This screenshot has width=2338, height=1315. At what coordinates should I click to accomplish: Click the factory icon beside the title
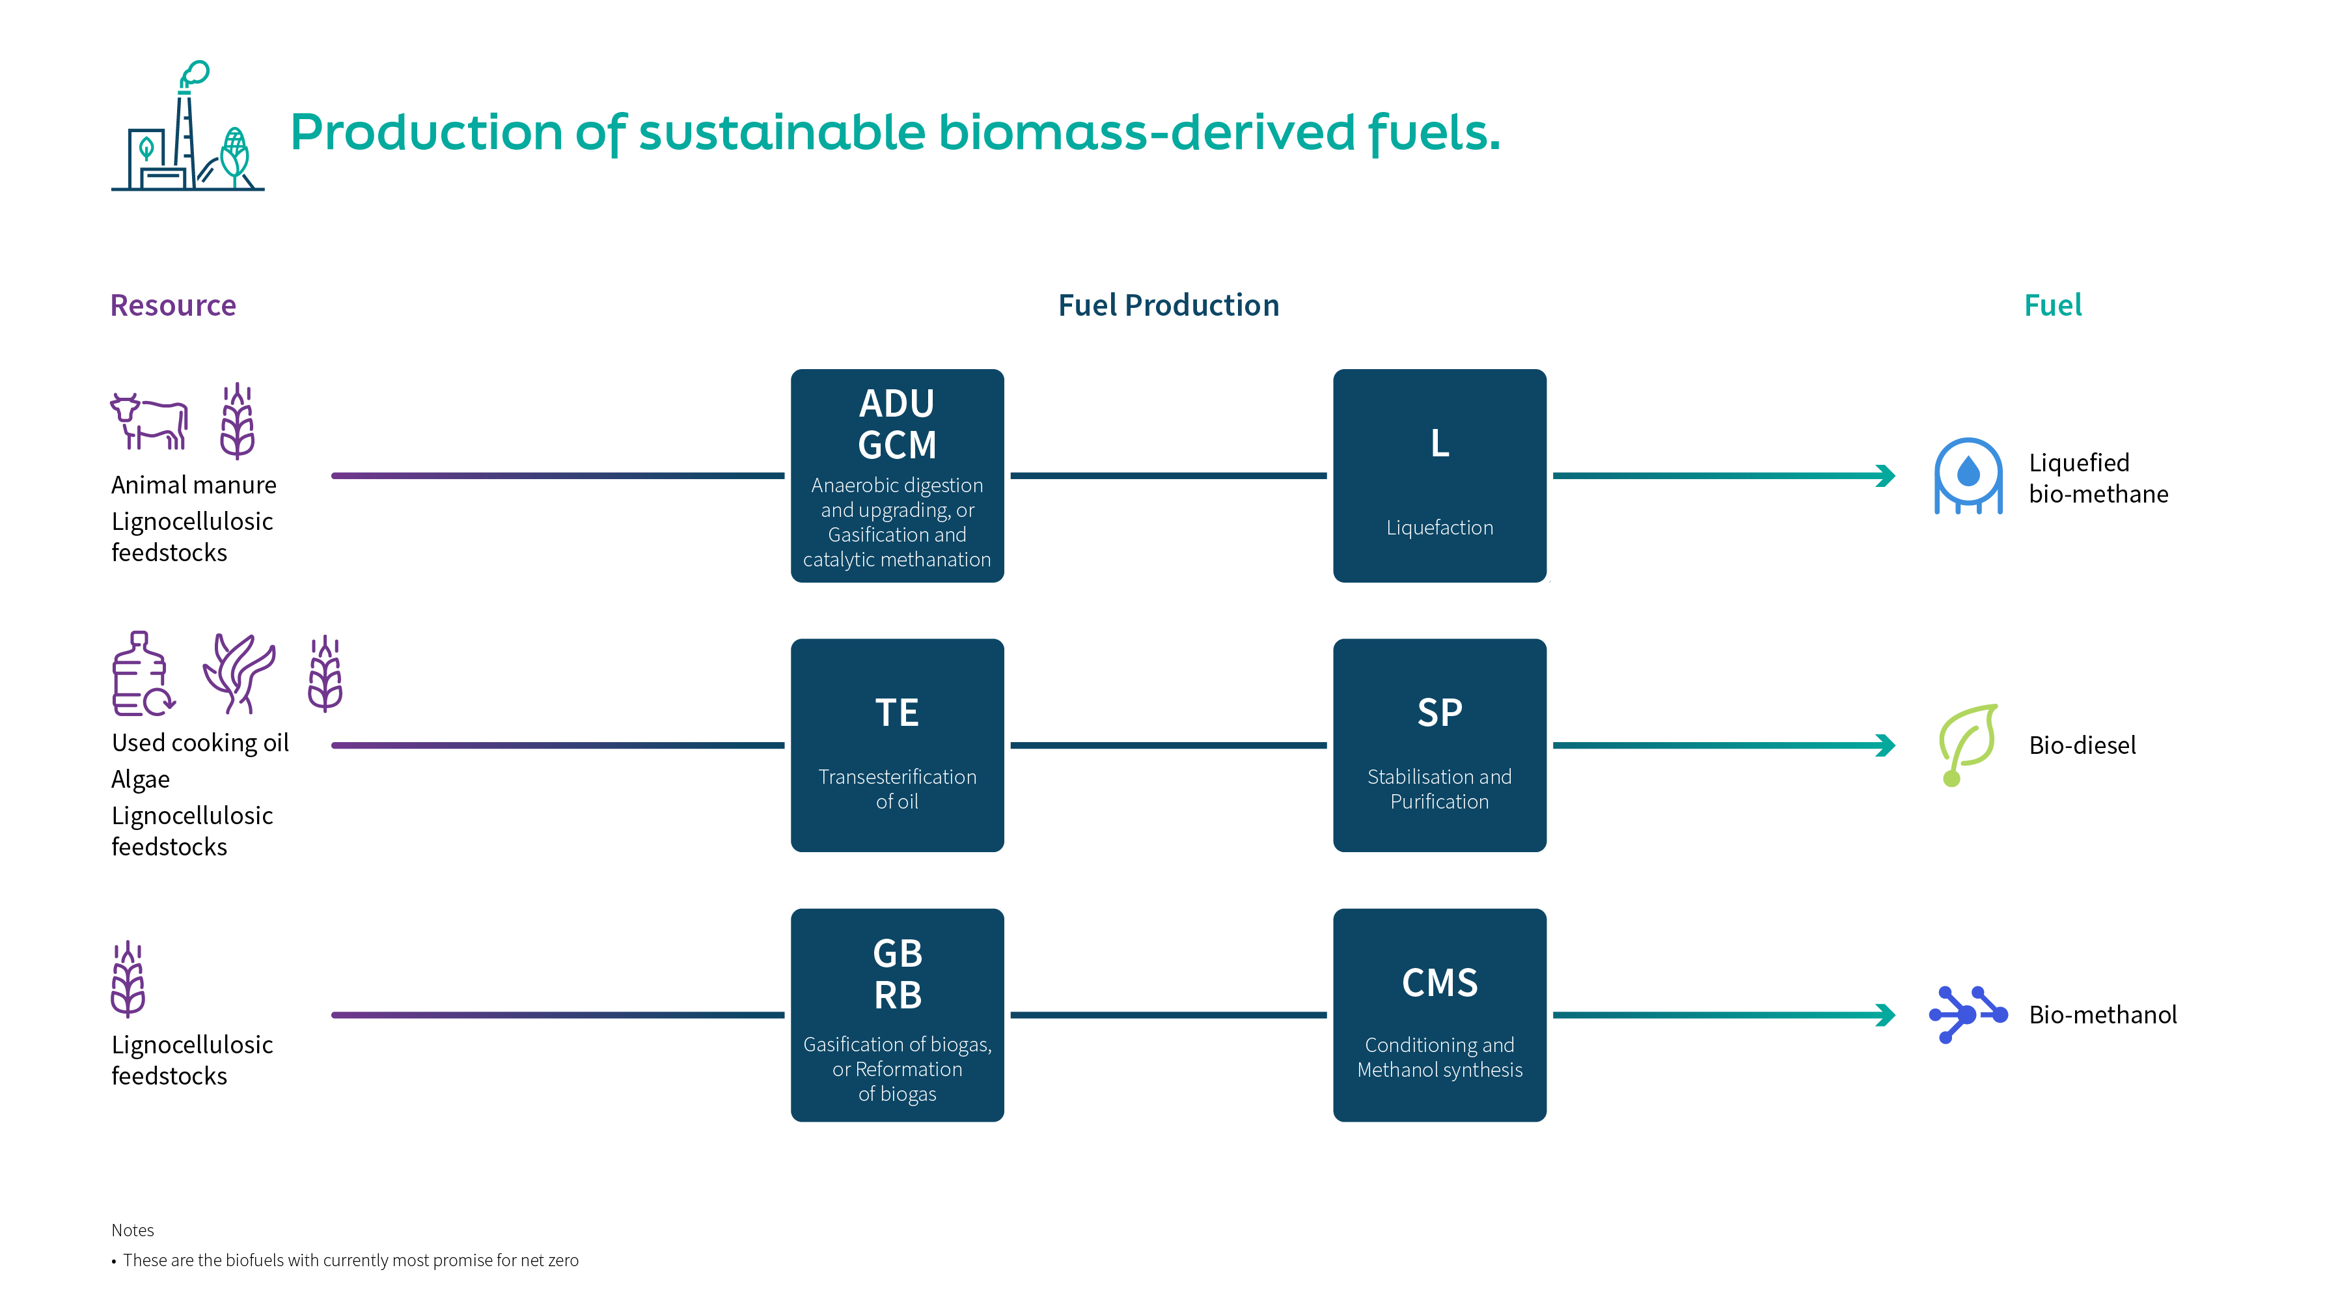(x=188, y=126)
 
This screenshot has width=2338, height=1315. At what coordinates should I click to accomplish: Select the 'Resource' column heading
(x=173, y=305)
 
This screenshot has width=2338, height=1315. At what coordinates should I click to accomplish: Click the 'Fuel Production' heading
(x=1169, y=305)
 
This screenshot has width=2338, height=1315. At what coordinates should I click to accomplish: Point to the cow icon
(x=149, y=421)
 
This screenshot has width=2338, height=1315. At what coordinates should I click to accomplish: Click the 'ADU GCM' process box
(x=897, y=475)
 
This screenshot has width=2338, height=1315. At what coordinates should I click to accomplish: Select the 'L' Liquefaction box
(x=1440, y=475)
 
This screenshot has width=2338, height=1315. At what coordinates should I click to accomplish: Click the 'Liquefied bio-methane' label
(x=2098, y=478)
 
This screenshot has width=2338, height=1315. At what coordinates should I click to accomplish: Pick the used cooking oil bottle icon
(x=143, y=674)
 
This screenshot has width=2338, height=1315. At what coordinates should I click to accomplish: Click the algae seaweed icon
(x=239, y=673)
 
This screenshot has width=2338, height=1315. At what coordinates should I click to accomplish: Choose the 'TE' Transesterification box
(x=897, y=745)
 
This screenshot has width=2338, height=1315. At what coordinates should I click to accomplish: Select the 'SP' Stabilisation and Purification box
(x=1440, y=745)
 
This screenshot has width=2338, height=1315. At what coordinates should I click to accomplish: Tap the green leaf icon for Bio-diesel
(x=1968, y=744)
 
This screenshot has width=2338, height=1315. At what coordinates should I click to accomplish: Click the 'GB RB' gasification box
(x=897, y=1015)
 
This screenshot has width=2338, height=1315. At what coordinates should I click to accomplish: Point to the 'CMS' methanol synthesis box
(x=1440, y=1015)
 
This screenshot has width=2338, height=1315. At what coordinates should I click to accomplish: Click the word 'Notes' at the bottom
(x=133, y=1230)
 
